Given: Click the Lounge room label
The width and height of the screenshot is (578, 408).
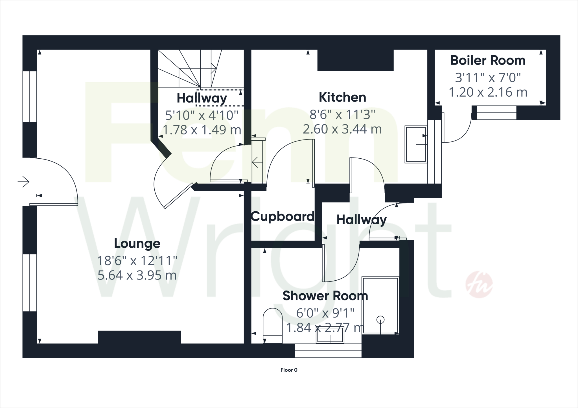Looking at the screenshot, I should [137, 244].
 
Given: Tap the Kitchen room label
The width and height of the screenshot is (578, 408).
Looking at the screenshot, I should [342, 97].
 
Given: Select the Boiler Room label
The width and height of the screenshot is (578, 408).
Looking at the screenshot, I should [488, 61].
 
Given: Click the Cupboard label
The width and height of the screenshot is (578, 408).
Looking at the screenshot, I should [283, 217].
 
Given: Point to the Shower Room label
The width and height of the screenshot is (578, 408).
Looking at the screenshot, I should [325, 296].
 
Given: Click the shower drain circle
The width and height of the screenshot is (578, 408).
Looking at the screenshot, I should [380, 320].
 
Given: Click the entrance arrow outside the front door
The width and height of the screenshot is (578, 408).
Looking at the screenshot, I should [24, 181].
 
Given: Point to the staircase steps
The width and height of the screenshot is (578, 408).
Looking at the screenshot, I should [198, 69].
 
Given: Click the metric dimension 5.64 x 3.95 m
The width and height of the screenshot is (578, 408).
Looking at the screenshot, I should [137, 275].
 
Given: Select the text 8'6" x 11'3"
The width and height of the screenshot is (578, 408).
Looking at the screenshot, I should [342, 115].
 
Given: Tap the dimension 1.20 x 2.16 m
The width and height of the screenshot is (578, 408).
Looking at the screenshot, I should [488, 92].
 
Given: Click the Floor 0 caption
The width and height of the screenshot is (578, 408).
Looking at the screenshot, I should [289, 370].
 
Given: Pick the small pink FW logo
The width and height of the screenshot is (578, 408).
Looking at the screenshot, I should [479, 284].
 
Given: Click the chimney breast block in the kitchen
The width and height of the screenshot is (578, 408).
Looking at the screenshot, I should [355, 60].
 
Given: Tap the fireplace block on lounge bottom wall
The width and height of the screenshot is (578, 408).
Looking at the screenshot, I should [139, 337].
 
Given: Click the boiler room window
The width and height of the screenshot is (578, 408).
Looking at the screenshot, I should [496, 112].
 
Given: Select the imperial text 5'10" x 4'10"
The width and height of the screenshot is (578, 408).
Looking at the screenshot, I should [202, 115].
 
